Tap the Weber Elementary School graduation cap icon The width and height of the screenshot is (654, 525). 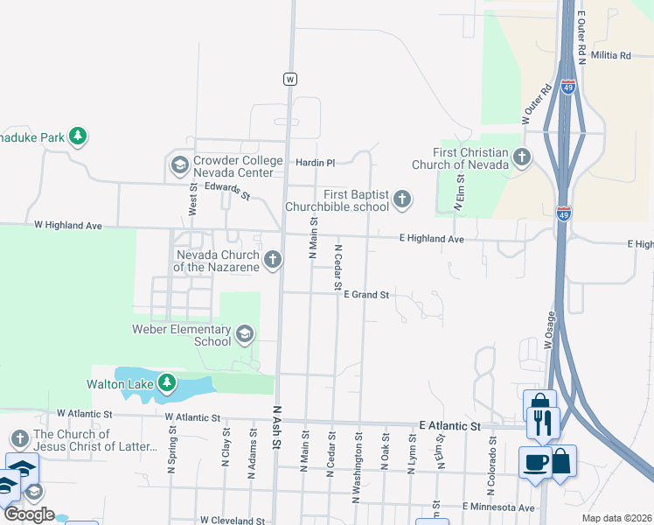point(245,332)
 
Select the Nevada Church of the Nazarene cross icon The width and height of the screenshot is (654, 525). point(273,259)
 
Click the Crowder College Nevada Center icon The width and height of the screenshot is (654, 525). point(179,164)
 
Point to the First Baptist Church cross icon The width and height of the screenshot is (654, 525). point(402,199)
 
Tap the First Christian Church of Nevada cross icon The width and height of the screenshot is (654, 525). point(522,157)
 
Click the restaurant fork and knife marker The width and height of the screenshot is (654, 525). point(542,423)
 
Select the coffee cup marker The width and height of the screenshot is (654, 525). point(535,463)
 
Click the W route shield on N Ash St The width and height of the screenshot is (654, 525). point(290,79)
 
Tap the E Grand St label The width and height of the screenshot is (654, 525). point(366,295)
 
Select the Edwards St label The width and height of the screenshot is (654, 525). point(226,191)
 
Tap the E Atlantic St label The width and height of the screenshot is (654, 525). point(450,425)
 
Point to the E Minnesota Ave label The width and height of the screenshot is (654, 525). point(497,507)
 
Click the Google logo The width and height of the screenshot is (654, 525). point(29,514)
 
